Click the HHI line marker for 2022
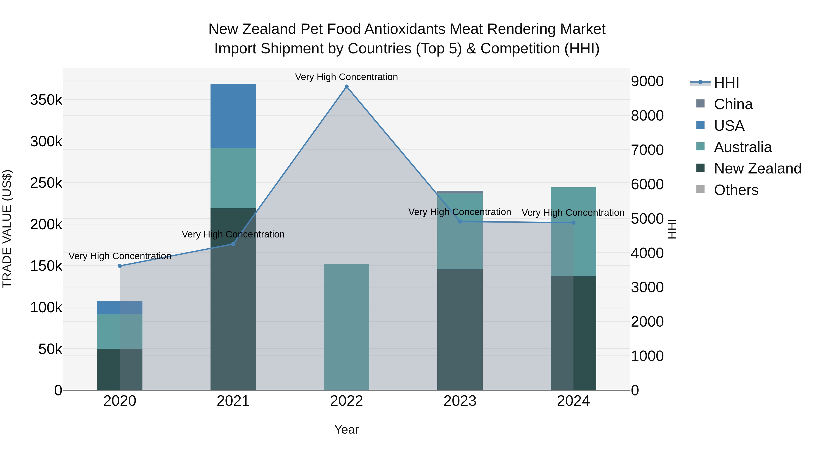pos(346,87)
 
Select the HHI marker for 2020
pos(120,266)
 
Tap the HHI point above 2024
pos(573,223)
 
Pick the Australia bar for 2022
pos(346,327)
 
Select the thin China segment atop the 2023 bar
pos(460,192)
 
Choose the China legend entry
pos(733,104)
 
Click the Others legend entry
pos(736,190)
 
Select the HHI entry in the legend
pos(726,83)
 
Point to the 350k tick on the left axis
pos(46,100)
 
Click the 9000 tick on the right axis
pos(647,81)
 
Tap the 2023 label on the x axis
pos(460,401)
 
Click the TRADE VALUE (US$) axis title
pos(7,229)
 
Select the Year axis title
pos(346,430)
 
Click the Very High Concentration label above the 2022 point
pos(346,77)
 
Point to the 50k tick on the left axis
pos(50,349)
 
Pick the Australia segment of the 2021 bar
pos(233,178)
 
